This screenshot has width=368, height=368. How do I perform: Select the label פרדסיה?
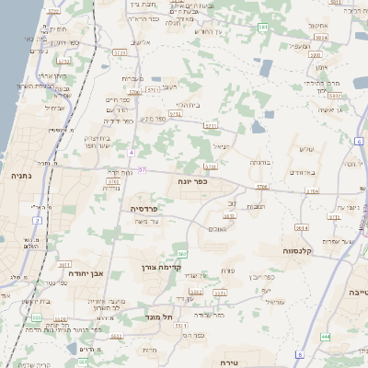click(x=144, y=209)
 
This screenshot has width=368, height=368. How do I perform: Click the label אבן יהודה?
click(x=86, y=273)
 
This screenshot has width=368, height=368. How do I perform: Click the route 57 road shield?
click(x=143, y=170)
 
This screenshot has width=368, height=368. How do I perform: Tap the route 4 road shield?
click(x=132, y=153)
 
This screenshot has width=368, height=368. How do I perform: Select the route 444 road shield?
click(x=326, y=336)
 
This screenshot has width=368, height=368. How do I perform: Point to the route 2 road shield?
click(x=36, y=315)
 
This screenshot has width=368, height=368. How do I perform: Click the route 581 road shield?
click(x=263, y=28)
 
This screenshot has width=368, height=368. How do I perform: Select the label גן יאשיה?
click(x=332, y=110)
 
